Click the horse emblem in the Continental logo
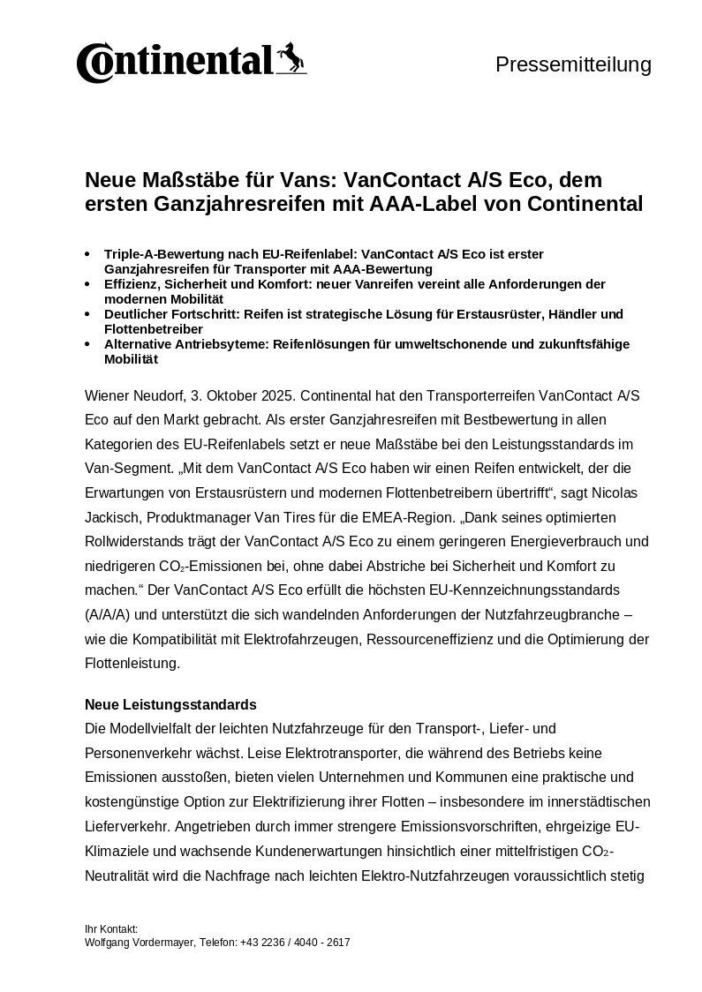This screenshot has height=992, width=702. pyautogui.click(x=290, y=58)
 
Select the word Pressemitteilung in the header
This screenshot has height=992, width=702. pyautogui.click(x=573, y=64)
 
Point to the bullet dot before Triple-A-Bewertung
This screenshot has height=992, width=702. pyautogui.click(x=87, y=254)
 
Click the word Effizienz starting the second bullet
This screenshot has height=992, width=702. pyautogui.click(x=132, y=284)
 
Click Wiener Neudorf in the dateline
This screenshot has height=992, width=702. pyautogui.click(x=133, y=395)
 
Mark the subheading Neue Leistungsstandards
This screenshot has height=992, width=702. pyautogui.click(x=170, y=705)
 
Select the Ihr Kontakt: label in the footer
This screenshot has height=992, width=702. pyautogui.click(x=111, y=929)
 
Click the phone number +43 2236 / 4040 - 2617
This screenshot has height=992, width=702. pyautogui.click(x=295, y=943)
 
